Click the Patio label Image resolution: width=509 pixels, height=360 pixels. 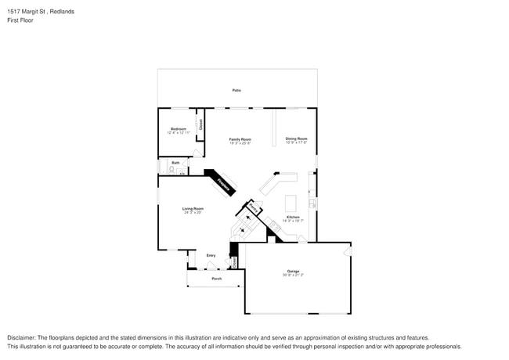tap(236, 91)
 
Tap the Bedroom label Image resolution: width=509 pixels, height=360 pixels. tap(178, 129)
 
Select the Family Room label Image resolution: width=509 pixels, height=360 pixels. tap(240, 139)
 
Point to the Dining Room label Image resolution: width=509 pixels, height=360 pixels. tap(296, 139)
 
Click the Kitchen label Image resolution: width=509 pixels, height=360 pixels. tap(293, 217)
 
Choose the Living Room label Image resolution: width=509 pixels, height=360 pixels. tap(193, 208)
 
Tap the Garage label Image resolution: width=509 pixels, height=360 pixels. tap(293, 272)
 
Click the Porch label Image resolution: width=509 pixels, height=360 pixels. tap(217, 279)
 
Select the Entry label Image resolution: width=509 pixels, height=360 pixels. tap(211, 256)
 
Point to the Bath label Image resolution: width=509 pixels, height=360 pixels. tap(175, 163)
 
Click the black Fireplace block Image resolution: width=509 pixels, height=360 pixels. tap(222, 183)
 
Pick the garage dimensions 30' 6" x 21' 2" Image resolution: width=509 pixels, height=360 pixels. tap(293, 275)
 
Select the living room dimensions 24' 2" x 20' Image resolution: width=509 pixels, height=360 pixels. tap(193, 212)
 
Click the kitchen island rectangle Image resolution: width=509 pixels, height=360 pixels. tap(291, 200)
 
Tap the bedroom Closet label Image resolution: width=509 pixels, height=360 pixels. tap(200, 124)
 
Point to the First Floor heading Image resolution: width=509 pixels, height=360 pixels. tap(20, 20)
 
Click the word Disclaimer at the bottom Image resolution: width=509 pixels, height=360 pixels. tap(23, 337)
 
